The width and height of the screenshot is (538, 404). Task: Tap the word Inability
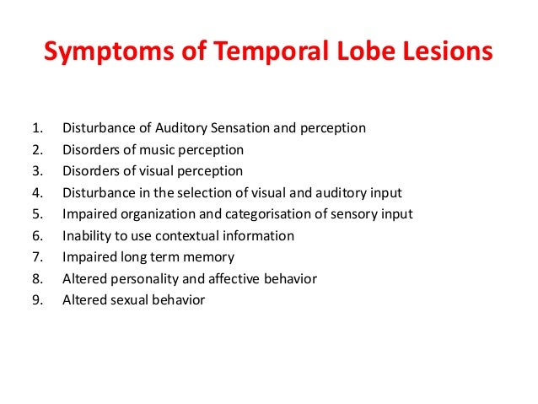[x=87, y=235]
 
